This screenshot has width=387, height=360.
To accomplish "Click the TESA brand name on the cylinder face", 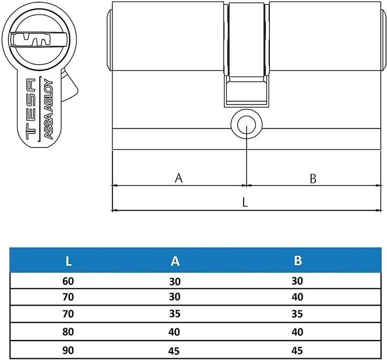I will (31, 110).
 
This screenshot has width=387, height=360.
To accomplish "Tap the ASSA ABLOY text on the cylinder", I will (47, 110).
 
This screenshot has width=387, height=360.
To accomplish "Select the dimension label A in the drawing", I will (179, 178).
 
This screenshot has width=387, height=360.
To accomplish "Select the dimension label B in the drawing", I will (313, 179).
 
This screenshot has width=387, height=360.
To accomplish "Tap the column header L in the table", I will (68, 261).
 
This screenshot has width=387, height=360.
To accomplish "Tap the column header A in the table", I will (175, 261).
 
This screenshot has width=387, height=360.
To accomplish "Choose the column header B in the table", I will (298, 261).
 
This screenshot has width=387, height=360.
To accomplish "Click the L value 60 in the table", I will (68, 281).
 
